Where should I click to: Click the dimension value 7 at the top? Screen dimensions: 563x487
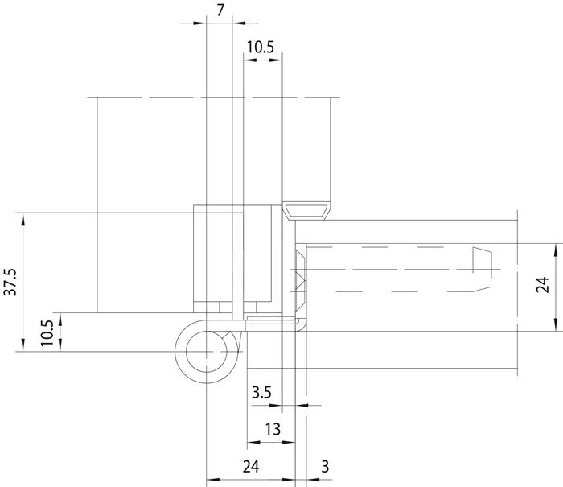220,10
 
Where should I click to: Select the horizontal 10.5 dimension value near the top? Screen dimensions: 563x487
261,47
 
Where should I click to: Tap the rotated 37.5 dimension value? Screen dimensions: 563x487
10,282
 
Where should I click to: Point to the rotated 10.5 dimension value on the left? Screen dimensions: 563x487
47,333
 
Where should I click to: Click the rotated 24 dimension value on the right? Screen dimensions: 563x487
543,285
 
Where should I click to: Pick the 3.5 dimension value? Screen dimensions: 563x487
261,393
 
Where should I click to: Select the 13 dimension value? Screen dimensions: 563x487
273,429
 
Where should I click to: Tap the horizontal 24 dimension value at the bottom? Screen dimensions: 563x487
251,467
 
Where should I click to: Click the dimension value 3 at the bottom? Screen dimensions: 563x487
325,467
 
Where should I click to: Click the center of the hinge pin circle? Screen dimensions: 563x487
207,352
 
